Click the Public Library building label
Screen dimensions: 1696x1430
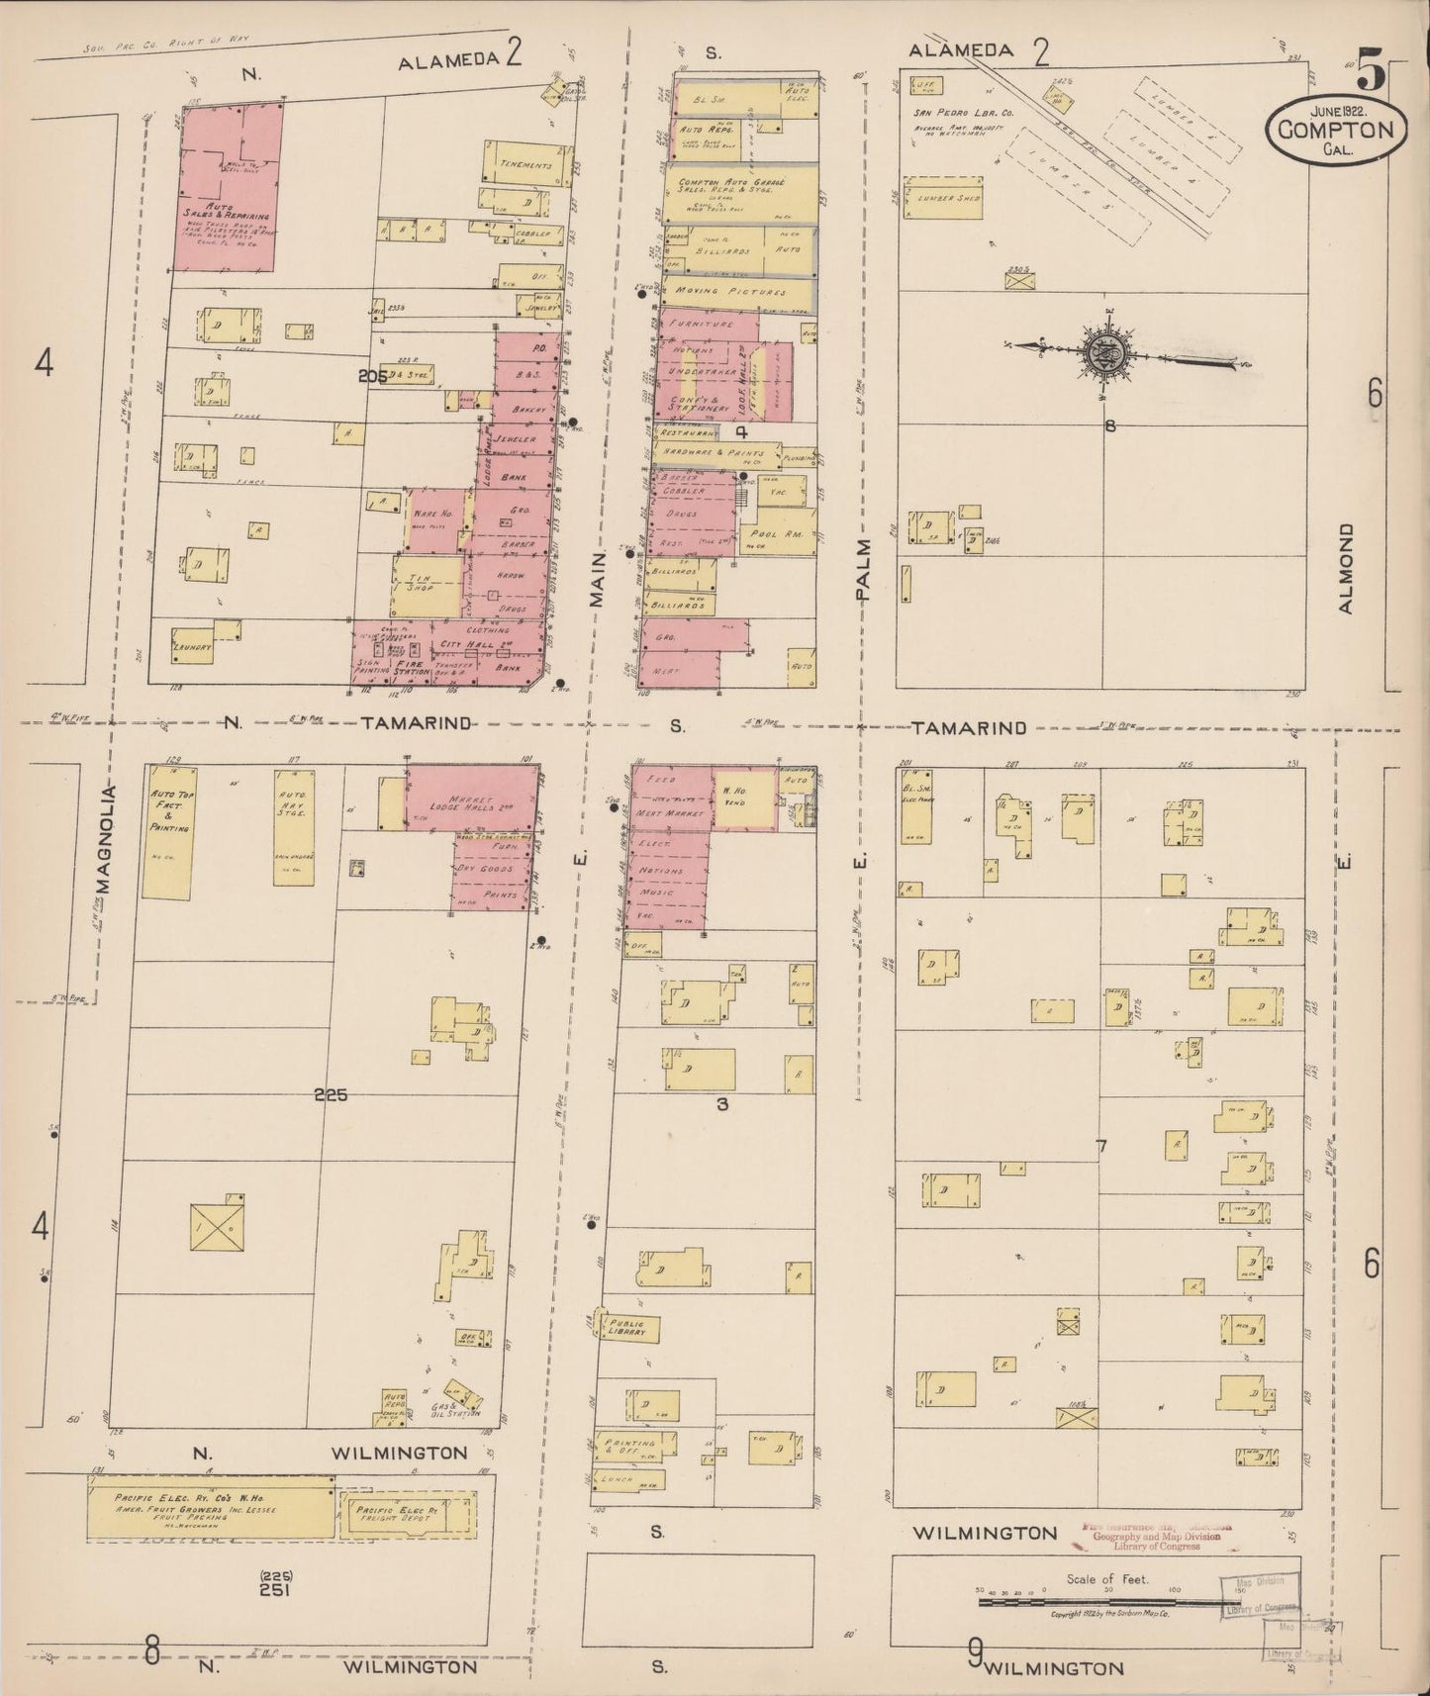coord(625,1329)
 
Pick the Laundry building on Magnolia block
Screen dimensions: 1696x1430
coord(194,645)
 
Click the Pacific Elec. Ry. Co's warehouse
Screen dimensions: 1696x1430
coord(210,1508)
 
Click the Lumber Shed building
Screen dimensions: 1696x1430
coord(948,198)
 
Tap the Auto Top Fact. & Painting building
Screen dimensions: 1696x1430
coord(166,829)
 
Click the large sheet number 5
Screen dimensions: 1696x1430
coord(1371,71)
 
